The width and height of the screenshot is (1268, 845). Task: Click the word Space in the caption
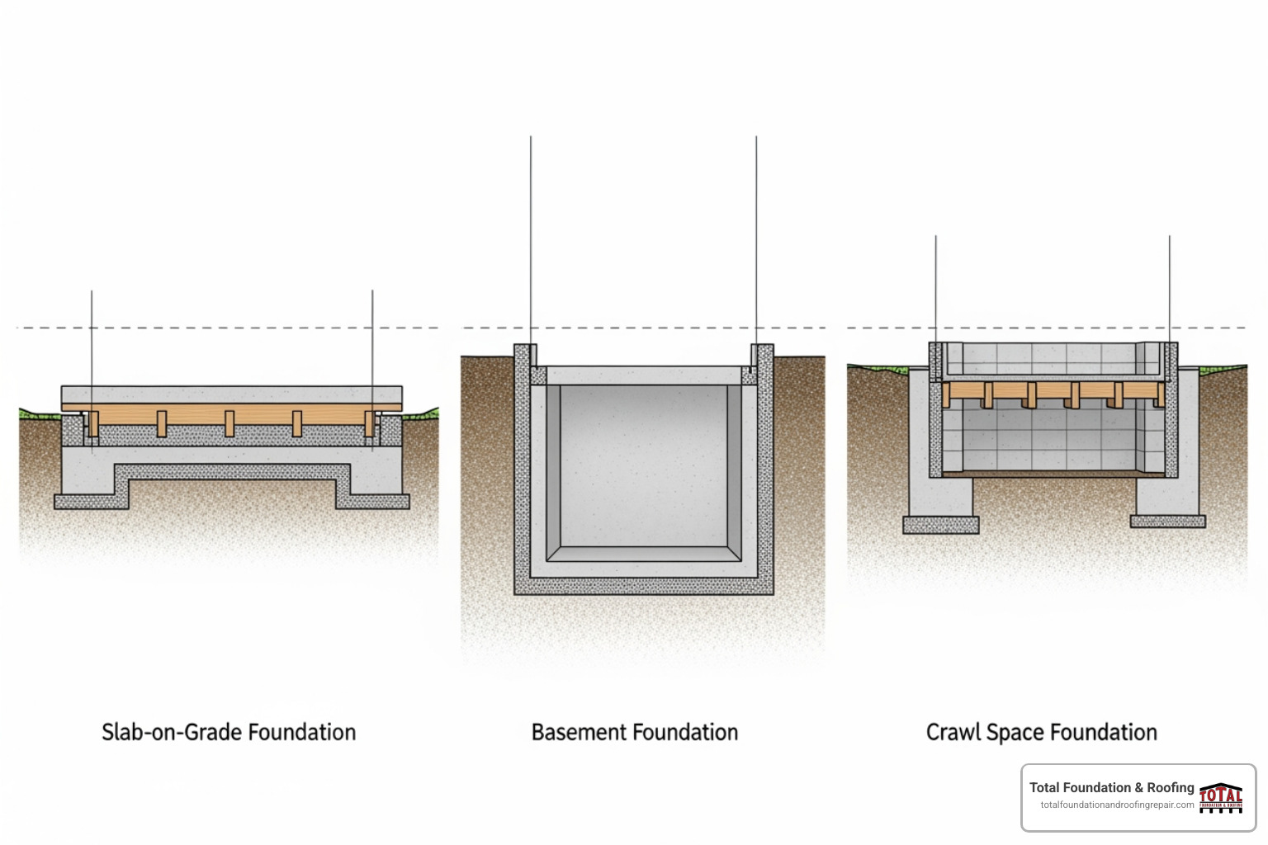[x=1015, y=732]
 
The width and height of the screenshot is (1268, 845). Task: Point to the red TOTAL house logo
[x=1221, y=797]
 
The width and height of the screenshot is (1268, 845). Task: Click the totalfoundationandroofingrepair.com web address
[x=1117, y=805]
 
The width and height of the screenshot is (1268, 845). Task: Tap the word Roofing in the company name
[x=1171, y=787]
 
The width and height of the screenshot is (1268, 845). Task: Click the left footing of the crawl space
[x=941, y=525]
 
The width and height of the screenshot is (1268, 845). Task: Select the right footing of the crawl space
[x=1167, y=521]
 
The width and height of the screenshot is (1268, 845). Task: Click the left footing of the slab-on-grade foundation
[x=91, y=500]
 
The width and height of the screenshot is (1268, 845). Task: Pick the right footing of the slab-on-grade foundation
[x=372, y=500]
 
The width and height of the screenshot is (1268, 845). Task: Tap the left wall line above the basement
[x=531, y=239]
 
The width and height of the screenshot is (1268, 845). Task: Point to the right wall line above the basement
[x=756, y=239]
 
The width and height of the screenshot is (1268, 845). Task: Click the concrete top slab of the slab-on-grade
[x=231, y=394]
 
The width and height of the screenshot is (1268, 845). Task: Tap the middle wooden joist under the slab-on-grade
[x=229, y=422]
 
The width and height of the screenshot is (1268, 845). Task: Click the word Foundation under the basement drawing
[x=687, y=732]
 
